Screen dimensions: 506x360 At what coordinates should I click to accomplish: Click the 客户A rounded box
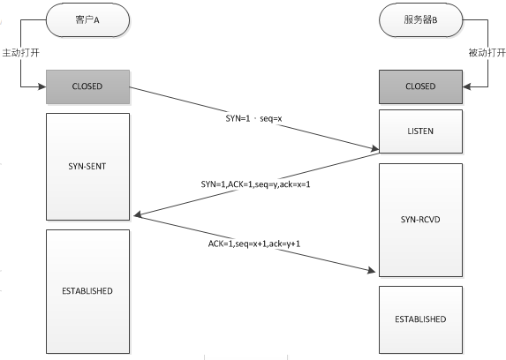click(x=87, y=20)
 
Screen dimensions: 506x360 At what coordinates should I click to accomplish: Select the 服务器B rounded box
click(x=420, y=20)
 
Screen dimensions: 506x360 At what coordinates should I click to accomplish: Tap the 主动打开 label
click(x=20, y=53)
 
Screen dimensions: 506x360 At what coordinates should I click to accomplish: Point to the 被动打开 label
click(x=487, y=53)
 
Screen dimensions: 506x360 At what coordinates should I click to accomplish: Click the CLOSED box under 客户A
click(x=87, y=86)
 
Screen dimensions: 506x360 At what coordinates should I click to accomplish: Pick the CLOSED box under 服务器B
click(x=420, y=86)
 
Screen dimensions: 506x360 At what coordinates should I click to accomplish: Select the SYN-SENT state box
click(x=87, y=167)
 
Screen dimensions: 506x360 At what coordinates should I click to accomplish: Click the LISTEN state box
click(x=420, y=131)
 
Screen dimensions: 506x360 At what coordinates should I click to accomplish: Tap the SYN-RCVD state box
click(x=420, y=220)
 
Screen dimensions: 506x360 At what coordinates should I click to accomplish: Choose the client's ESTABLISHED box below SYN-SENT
click(x=87, y=291)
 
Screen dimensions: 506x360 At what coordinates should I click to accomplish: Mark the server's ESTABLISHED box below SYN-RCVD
click(x=420, y=319)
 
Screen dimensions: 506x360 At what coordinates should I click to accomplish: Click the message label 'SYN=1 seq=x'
click(x=253, y=119)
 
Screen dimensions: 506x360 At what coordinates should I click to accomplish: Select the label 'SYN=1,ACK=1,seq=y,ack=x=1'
click(x=255, y=184)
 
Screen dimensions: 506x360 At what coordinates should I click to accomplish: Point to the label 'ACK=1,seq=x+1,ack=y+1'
click(x=254, y=244)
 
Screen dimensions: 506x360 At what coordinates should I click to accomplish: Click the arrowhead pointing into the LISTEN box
click(x=375, y=148)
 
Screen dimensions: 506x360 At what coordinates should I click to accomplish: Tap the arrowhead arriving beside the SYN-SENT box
click(x=138, y=214)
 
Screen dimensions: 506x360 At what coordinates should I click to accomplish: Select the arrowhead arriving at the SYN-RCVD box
click(x=372, y=270)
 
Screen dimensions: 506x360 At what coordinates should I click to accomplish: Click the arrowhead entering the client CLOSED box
click(x=42, y=86)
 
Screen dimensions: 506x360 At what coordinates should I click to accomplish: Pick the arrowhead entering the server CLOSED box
click(x=466, y=86)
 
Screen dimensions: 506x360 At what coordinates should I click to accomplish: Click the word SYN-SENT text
click(x=87, y=167)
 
